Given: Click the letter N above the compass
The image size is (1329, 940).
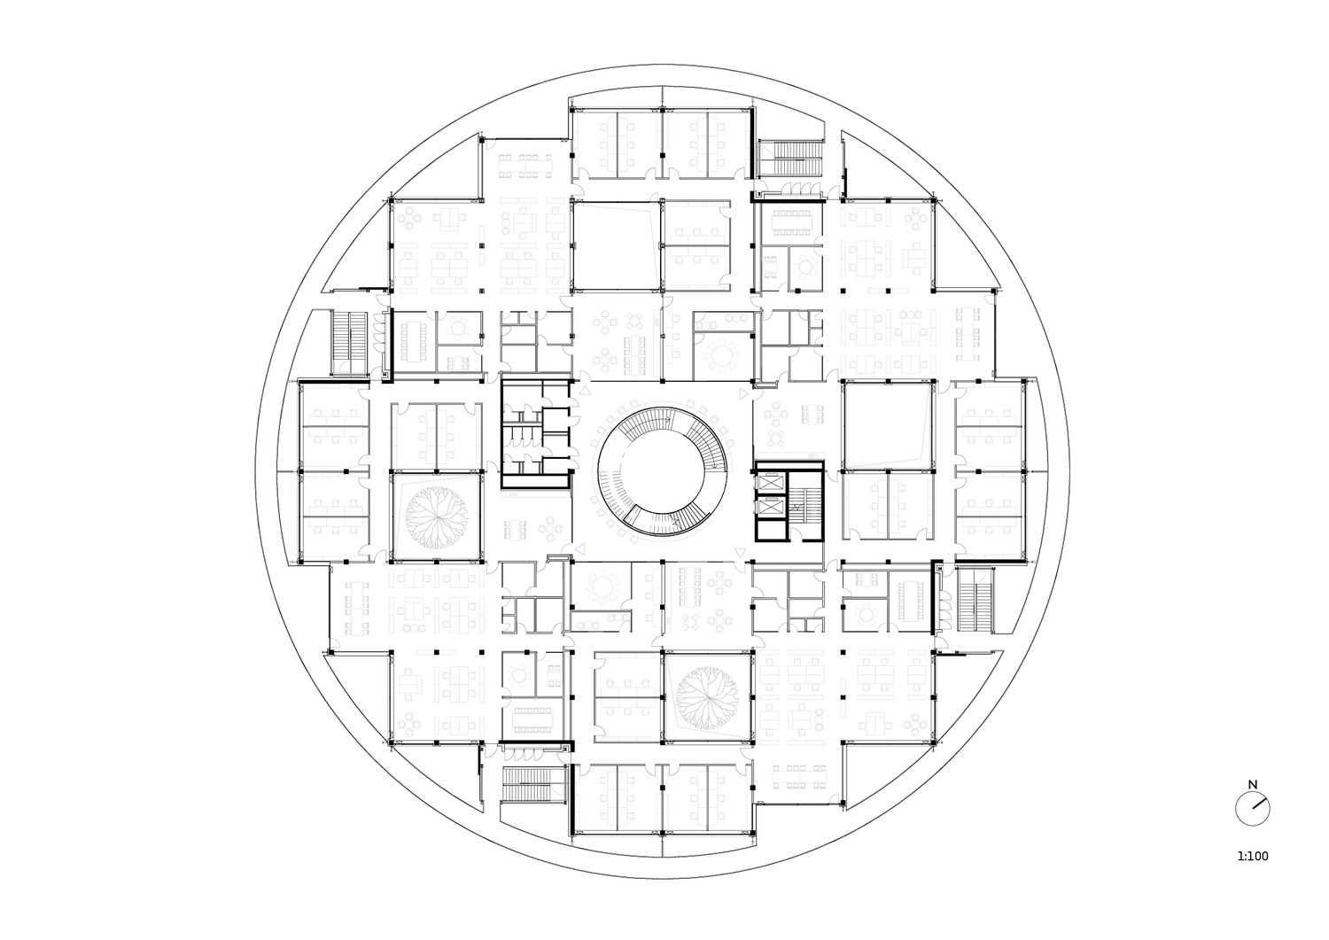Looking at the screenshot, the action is pos(1253,785).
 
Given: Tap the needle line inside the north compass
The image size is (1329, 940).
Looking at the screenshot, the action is pos(1259,804).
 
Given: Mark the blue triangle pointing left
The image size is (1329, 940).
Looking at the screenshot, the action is pos(581,549).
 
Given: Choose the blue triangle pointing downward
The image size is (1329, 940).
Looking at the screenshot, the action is pos(739,553).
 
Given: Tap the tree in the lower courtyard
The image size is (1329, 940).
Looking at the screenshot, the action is pos(708,697).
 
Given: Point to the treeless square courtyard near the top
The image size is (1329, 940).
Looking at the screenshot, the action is pos(616,245).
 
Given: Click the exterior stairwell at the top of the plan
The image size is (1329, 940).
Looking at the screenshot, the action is pos(791,158).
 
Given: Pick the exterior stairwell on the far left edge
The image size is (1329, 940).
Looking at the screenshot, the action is pos(350,342).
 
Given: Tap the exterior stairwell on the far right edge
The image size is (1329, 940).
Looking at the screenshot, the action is pos(975,600).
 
